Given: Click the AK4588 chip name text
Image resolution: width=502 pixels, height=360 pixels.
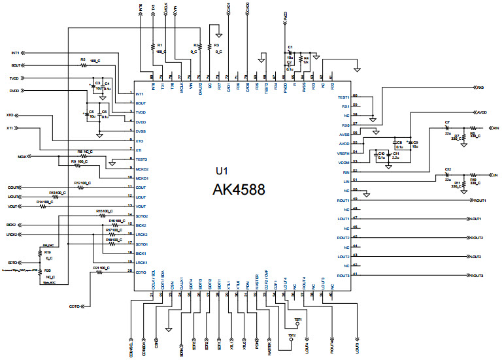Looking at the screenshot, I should [x=238, y=190].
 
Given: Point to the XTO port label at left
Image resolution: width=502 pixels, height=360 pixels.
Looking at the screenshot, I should [x=10, y=115].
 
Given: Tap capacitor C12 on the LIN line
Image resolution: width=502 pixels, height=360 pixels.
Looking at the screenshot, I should [x=448, y=175].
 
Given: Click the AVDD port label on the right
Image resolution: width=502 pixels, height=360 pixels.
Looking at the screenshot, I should [x=482, y=112].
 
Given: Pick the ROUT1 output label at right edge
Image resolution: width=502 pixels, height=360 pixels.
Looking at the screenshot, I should [x=478, y=201].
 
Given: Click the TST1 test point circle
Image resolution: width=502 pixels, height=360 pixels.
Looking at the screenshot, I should [x=297, y=323].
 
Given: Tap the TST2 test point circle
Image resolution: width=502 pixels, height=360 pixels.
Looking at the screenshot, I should [x=292, y=340].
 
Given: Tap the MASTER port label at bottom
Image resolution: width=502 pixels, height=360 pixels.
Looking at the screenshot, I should [x=269, y=346].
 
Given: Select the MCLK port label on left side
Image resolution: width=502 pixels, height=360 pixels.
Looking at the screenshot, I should [x=24, y=157].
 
